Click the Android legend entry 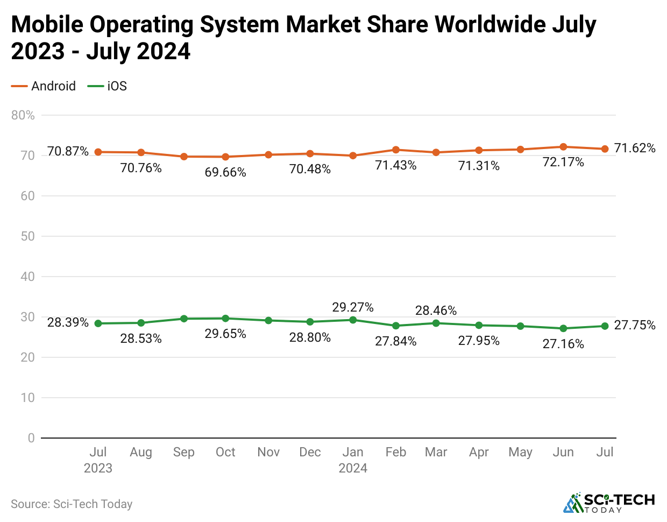pos(44,86)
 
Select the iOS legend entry pos(108,86)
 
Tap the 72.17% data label pos(563,162)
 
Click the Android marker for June pos(563,147)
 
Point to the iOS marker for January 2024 pos(353,320)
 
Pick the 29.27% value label pos(353,307)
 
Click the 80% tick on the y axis pos(23,115)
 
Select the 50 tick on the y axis pos(27,236)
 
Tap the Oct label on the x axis pos(225,452)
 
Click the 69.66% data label pos(225,172)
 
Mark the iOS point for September pos(184,319)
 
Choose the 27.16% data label pos(563,344)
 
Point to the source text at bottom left pos(72,504)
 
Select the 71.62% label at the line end pos(635,148)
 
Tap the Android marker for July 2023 pos(98,152)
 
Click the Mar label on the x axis pos(436,452)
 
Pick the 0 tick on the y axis pos(31,438)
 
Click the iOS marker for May pos(520,326)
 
